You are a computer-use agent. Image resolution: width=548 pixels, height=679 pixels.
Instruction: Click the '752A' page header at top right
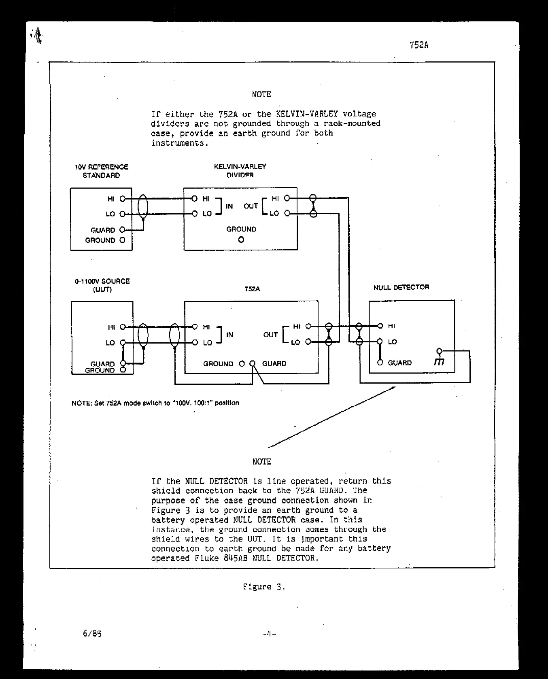[418, 45]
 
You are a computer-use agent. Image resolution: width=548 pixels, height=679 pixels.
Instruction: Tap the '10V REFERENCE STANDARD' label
[102, 171]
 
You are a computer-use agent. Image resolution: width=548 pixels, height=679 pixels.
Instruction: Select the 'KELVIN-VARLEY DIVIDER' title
[240, 171]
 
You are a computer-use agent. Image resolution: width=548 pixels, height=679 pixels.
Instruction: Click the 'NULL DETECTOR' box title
[401, 287]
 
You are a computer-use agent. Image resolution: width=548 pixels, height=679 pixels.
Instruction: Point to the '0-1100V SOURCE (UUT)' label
[102, 285]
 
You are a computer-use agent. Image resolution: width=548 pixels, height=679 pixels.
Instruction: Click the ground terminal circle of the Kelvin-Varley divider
[241, 240]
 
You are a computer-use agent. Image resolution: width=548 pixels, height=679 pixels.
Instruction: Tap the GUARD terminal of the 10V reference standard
[122, 230]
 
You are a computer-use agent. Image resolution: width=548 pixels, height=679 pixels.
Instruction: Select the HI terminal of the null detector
[380, 326]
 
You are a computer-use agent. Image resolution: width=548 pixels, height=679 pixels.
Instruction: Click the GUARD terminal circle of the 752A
[253, 363]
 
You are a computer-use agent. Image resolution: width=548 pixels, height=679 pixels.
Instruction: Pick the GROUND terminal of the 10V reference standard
[122, 240]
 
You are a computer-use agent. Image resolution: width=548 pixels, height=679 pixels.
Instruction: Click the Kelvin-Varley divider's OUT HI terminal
[287, 198]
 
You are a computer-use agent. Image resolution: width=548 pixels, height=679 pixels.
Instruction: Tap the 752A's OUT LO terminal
[308, 342]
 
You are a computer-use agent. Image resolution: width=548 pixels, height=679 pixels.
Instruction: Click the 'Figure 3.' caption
[264, 587]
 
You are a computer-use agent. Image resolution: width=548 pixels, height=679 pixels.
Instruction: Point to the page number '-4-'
[269, 634]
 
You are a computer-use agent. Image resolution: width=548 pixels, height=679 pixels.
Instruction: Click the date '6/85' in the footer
[92, 634]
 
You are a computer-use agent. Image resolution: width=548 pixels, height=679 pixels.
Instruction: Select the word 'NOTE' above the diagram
[261, 94]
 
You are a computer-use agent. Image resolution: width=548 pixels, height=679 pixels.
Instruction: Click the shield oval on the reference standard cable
[143, 207]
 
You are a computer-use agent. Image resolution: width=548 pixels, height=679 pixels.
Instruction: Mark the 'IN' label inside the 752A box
[229, 335]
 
